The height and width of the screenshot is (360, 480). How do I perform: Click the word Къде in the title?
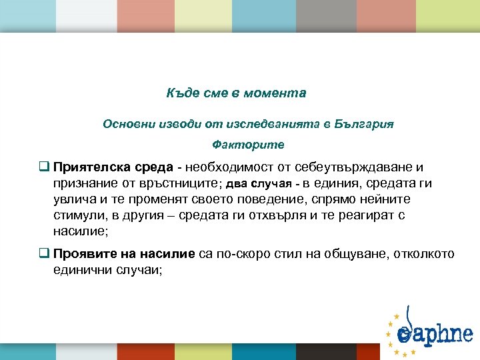(x=180, y=93)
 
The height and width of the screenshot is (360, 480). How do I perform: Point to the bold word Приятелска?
(x=85, y=167)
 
